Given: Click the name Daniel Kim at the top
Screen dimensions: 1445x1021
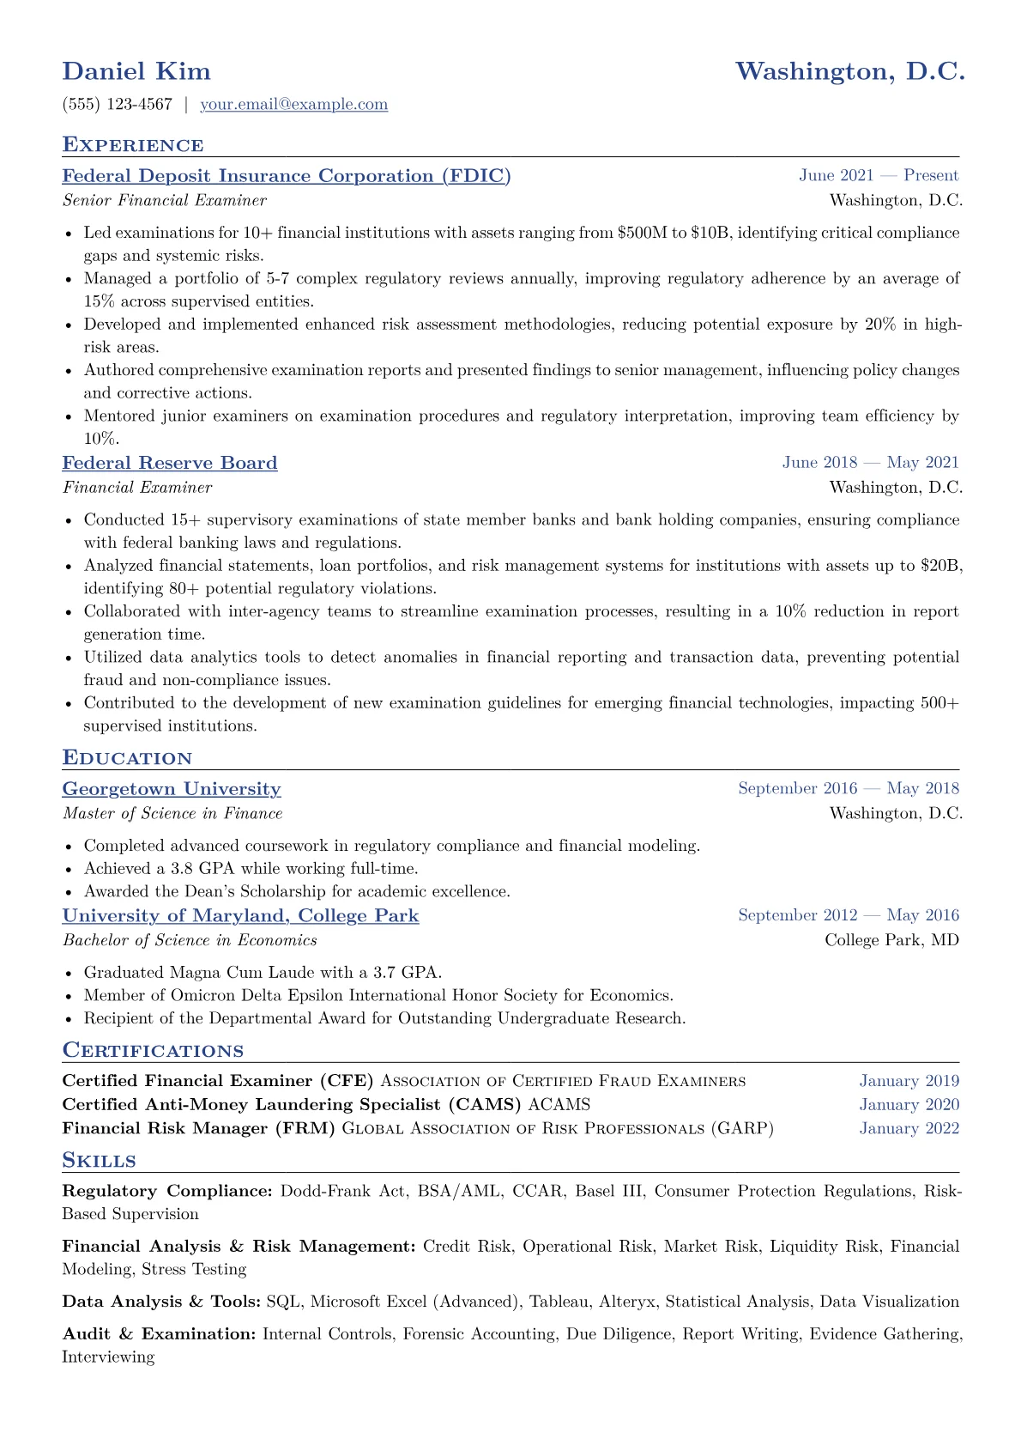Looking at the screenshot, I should click(x=136, y=71).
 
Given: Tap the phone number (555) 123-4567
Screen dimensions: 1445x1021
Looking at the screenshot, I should click(x=118, y=105).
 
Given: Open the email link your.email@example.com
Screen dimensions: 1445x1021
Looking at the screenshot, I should click(x=293, y=105).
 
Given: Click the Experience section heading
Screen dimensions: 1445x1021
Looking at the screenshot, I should click(x=133, y=144).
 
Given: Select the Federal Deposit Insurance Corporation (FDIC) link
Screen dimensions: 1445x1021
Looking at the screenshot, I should click(x=287, y=176).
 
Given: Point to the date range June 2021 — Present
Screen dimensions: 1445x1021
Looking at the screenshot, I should click(x=879, y=176).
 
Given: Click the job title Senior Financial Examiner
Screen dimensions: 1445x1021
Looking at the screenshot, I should click(x=164, y=200).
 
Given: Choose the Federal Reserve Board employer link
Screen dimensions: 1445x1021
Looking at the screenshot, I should click(x=170, y=463).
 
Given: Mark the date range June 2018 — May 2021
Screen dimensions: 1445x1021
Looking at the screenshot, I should click(x=870, y=463).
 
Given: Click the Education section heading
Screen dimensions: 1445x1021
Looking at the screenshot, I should click(x=127, y=758).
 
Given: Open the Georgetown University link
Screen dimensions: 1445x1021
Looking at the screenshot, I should click(x=172, y=789).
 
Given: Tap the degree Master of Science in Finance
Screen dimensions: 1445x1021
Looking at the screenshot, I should click(x=172, y=813).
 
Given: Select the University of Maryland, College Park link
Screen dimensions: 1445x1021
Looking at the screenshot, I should click(x=240, y=916).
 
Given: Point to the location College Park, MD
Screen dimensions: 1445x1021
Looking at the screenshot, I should click(x=891, y=940).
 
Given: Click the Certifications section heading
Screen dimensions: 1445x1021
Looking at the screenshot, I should click(x=153, y=1051).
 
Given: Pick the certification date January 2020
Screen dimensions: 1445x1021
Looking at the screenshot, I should click(x=909, y=1105).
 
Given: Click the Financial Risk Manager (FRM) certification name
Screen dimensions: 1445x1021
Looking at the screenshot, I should click(x=199, y=1128).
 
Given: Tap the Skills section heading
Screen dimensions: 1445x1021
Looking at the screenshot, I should click(x=99, y=1161).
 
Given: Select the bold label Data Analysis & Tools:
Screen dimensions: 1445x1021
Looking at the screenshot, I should click(x=161, y=1302).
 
